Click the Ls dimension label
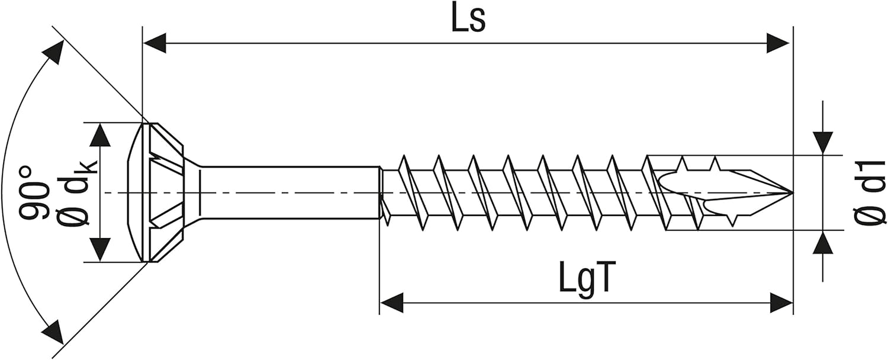point(468,19)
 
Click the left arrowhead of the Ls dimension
point(154,43)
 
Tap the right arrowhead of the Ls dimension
point(778,43)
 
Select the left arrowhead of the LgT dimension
point(392,303)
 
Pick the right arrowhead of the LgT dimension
point(781,303)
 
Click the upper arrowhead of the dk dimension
point(100,135)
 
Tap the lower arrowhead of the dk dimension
point(100,250)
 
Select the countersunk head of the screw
point(163,192)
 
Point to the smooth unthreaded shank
point(290,192)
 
